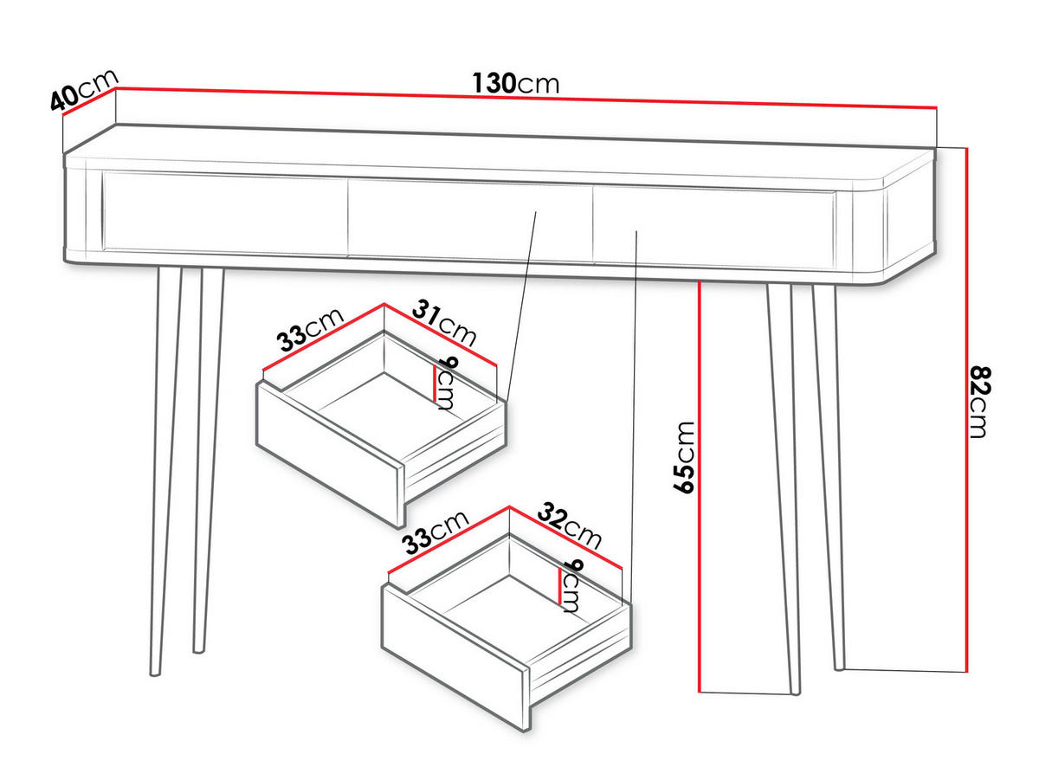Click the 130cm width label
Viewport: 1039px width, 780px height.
[x=515, y=83]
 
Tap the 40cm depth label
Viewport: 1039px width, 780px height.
[x=84, y=90]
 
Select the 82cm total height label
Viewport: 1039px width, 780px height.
[x=978, y=402]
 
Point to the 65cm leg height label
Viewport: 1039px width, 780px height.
[x=683, y=458]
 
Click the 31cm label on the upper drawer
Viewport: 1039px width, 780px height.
[x=444, y=323]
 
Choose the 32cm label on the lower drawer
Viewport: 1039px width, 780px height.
[x=570, y=525]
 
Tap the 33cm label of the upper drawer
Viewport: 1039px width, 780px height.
[x=310, y=330]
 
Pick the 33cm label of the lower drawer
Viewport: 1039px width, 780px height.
[x=436, y=532]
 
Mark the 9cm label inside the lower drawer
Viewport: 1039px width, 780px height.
[x=571, y=585]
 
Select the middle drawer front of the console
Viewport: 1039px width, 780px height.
[x=470, y=220]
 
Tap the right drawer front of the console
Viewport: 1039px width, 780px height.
[x=714, y=227]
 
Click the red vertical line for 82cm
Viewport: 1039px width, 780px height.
[x=966, y=409]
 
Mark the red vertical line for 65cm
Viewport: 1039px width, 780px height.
[x=699, y=487]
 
